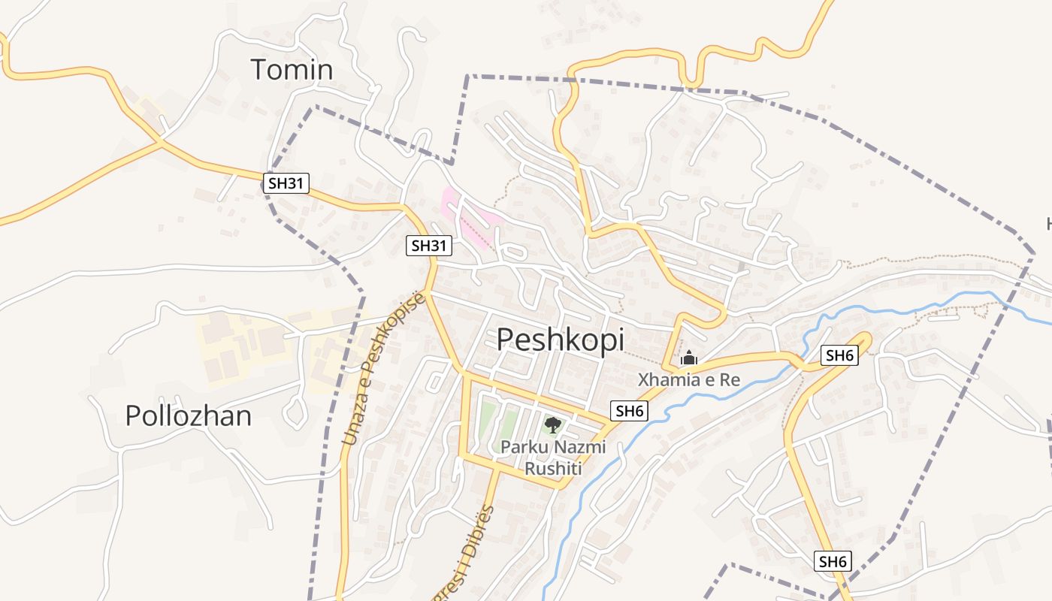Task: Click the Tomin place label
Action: click(x=292, y=69)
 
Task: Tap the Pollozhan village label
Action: click(x=188, y=415)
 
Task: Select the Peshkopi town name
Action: click(x=560, y=340)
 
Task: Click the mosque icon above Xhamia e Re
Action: click(x=688, y=358)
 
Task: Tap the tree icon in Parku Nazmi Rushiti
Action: click(x=552, y=424)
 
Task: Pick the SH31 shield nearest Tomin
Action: click(x=287, y=183)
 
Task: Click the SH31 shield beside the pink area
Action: click(x=429, y=245)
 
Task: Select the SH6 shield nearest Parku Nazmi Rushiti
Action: click(x=630, y=411)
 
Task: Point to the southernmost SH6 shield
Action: click(x=833, y=561)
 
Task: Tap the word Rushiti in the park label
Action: click(x=553, y=469)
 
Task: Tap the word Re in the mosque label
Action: click(x=730, y=380)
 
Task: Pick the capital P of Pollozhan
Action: click(x=133, y=415)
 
